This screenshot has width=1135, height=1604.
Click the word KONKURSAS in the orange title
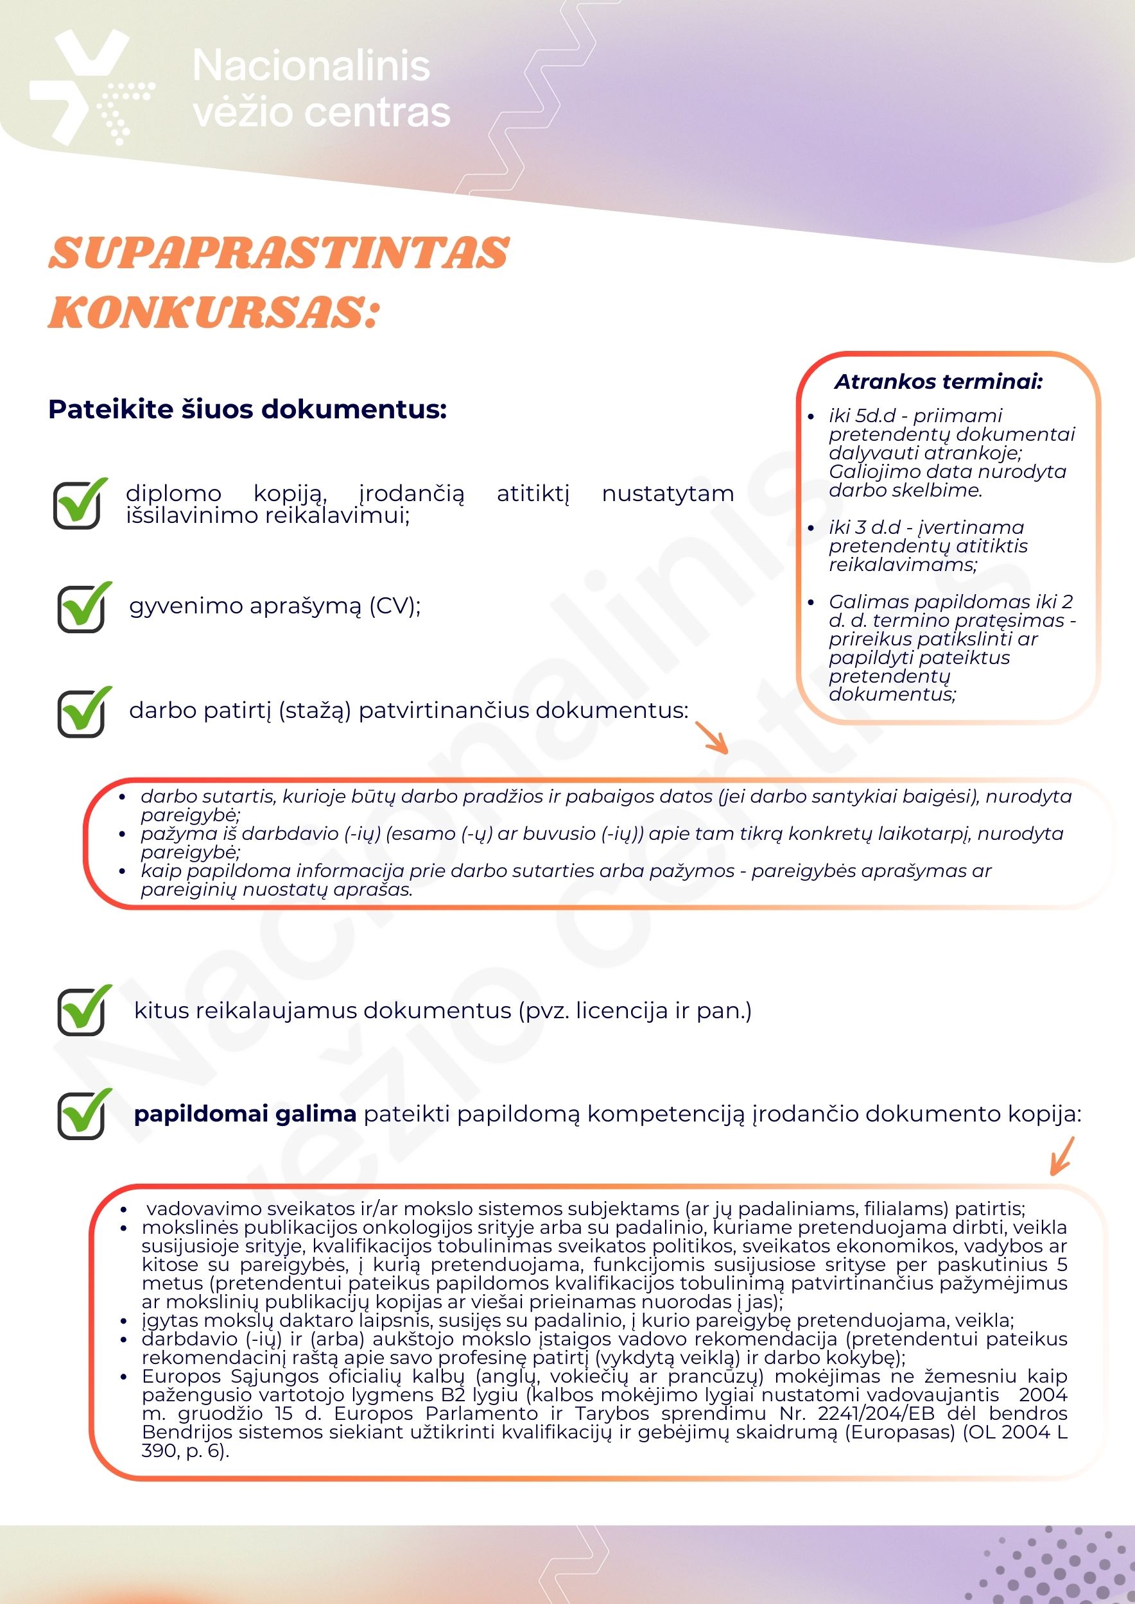pyautogui.click(x=207, y=312)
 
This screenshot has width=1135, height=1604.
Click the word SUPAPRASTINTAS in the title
pyautogui.click(x=279, y=253)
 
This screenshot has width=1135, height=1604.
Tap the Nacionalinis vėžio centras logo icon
pyautogui.click(x=91, y=87)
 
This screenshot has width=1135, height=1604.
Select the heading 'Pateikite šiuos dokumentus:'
pyautogui.click(x=247, y=409)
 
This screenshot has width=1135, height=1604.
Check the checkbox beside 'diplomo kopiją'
pyautogui.click(x=78, y=504)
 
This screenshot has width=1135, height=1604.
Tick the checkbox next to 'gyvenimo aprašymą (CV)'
pyautogui.click(x=82, y=608)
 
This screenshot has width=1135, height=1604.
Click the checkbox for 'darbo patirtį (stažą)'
pyautogui.click(x=82, y=713)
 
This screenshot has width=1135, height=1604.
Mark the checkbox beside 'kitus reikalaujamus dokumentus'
pyautogui.click(x=82, y=1011)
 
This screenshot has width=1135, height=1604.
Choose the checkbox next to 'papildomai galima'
pyautogui.click(x=82, y=1114)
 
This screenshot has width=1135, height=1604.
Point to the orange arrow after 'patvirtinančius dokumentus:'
pyautogui.click(x=713, y=739)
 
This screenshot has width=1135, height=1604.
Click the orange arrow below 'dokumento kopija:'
pyautogui.click(x=1062, y=1157)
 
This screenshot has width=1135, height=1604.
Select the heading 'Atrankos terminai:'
pyautogui.click(x=938, y=382)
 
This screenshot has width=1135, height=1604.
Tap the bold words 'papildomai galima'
pyautogui.click(x=245, y=1114)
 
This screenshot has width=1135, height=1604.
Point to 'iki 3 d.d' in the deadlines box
pyautogui.click(x=865, y=527)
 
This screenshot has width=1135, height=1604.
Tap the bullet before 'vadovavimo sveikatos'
pyautogui.click(x=124, y=1209)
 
